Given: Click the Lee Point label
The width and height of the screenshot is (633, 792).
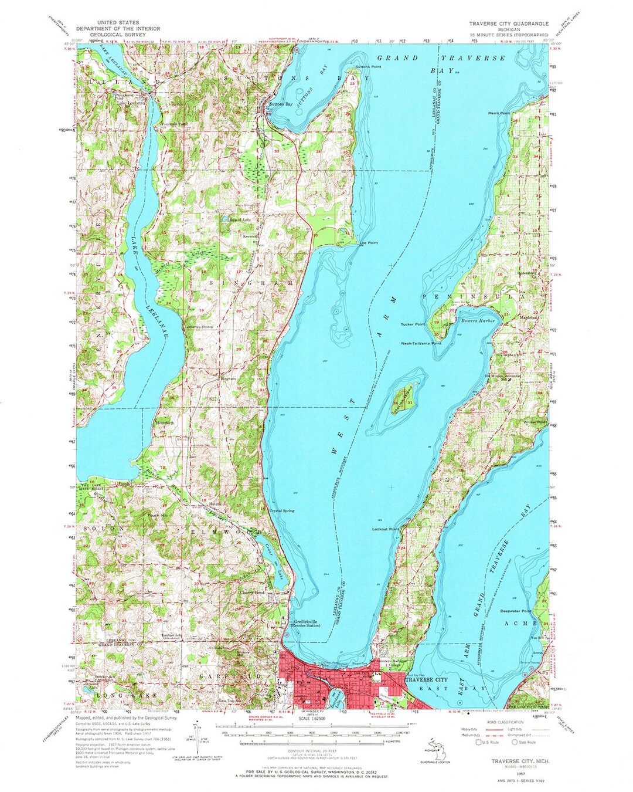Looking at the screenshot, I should [368, 242].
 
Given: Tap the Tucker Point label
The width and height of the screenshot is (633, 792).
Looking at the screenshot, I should [413, 324].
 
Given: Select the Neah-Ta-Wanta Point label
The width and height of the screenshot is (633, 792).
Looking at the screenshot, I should [421, 343].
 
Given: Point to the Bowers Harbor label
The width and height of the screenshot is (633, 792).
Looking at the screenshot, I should [478, 321].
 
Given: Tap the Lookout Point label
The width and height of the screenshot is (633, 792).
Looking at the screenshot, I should [386, 529].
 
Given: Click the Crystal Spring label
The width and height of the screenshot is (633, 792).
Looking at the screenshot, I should [281, 511].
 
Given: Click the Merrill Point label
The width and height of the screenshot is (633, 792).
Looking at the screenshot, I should [498, 113].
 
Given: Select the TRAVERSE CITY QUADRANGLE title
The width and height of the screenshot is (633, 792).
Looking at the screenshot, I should [508, 23].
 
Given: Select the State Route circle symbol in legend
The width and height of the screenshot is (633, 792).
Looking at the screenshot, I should [516, 742].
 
